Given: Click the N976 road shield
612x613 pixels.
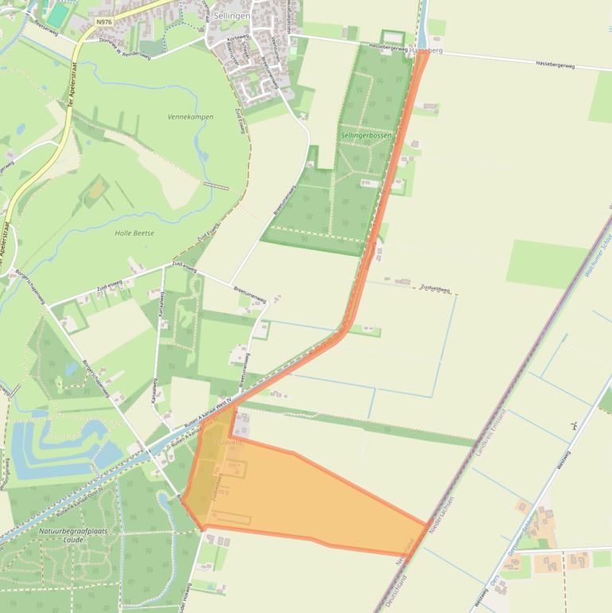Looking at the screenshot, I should click(x=102, y=21).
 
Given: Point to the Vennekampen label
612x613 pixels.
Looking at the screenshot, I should click(x=190, y=117).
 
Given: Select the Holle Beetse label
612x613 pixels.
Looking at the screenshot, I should click(x=134, y=232).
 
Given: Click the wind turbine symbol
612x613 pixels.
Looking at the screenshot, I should click(x=574, y=426).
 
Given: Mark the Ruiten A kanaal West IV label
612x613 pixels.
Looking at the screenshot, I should click(x=211, y=413).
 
